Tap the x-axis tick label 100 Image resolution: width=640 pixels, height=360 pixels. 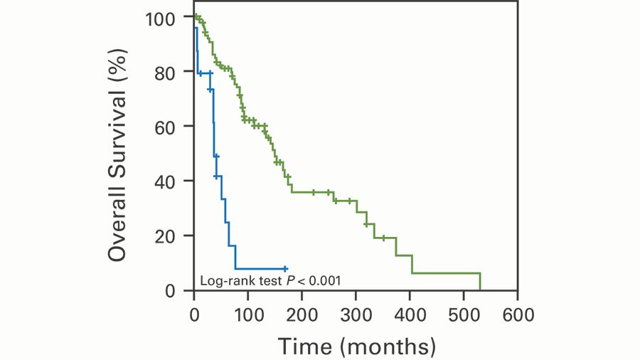point(247,313)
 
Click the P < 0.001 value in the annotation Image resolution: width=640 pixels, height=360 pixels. point(314,280)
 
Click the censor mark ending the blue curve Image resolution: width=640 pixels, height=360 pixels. point(285,269)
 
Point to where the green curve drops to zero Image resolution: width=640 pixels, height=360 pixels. point(480,290)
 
